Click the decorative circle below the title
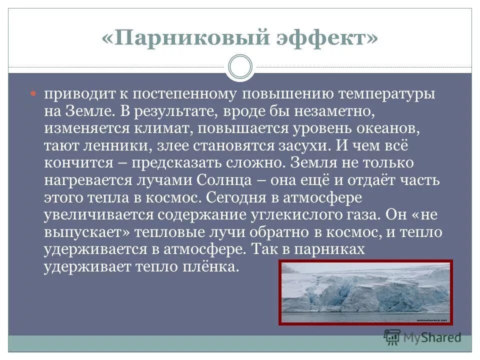[240, 67]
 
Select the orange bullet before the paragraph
[34, 93]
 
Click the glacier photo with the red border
[365, 292]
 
